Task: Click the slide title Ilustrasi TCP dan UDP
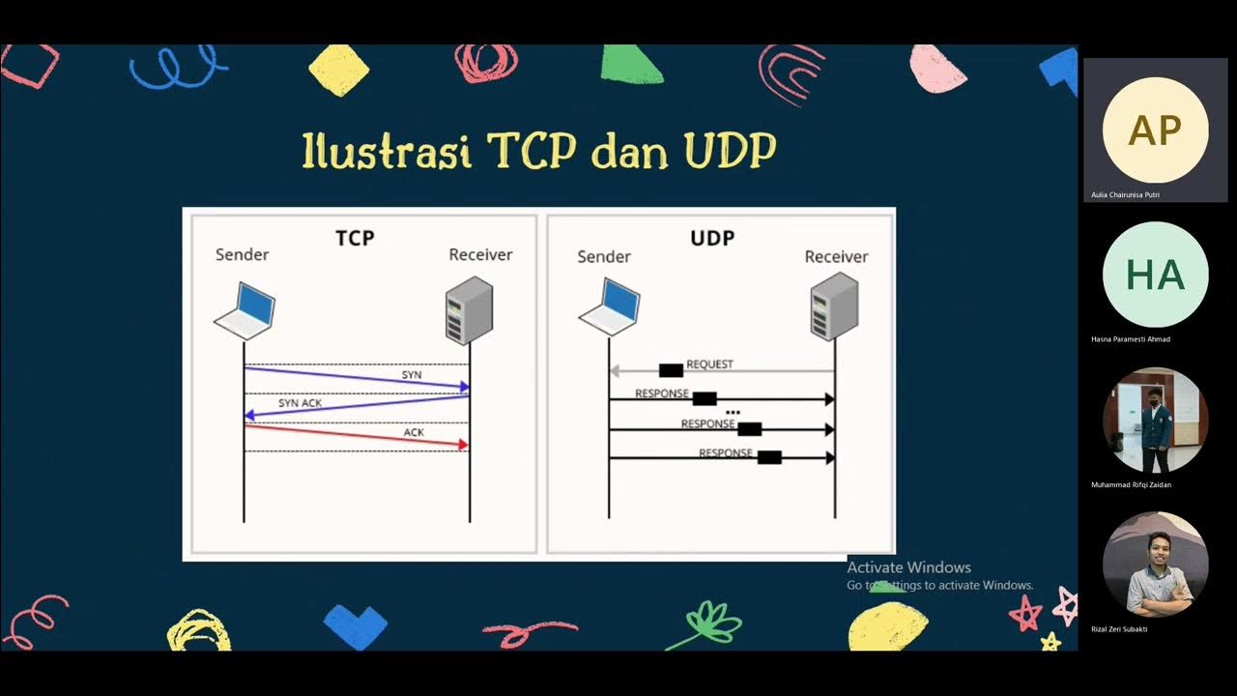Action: point(539,152)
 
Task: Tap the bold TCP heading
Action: point(355,238)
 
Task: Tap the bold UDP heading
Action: point(712,238)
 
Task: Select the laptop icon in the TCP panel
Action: point(245,310)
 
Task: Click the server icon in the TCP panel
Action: point(469,310)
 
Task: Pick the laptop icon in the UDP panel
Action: point(610,306)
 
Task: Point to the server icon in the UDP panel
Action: point(834,306)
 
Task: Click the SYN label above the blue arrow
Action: point(412,374)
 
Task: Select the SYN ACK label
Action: point(300,403)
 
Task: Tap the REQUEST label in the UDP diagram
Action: point(709,364)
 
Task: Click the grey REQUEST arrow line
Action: point(763,371)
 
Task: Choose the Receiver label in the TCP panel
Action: point(480,255)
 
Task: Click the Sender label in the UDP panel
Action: point(604,257)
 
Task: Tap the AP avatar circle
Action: point(1155,130)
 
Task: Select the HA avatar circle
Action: point(1155,275)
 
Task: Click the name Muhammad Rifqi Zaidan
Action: point(1131,485)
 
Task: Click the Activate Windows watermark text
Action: point(908,567)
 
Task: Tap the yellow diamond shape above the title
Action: point(338,71)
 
